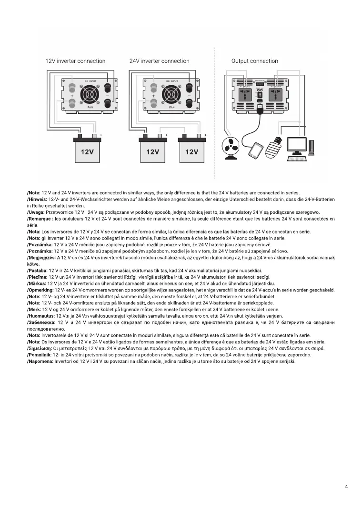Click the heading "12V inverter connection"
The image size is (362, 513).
[x=75, y=61]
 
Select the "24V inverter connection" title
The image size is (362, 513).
[x=159, y=61]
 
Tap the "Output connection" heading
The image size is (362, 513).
[x=254, y=61]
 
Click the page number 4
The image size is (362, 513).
[x=346, y=487]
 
